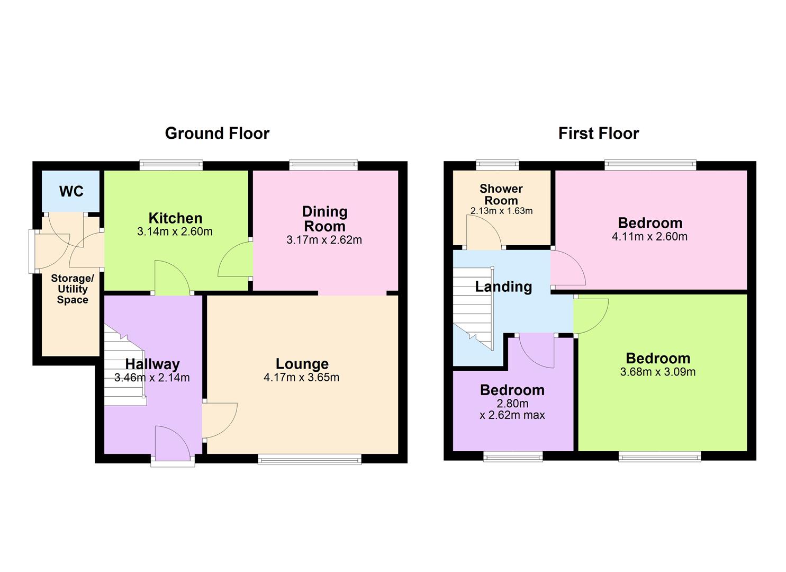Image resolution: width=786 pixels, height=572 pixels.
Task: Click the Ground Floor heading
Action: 217,133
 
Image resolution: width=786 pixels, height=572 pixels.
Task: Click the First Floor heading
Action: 598,133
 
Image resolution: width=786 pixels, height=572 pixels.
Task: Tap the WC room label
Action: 71,191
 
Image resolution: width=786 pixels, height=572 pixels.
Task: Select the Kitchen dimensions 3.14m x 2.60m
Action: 175,231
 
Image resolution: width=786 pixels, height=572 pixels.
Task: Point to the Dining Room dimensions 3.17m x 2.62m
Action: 324,240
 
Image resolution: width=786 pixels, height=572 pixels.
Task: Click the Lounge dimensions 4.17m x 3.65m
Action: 301,378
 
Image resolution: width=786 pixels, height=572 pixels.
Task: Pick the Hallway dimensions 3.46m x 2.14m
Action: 152,378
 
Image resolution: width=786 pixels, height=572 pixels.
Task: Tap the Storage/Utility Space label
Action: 73,289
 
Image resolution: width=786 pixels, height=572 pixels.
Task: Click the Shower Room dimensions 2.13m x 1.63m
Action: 501,211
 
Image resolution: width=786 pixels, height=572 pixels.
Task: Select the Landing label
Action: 503,287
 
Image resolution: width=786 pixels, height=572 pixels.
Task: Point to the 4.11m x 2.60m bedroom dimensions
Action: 649,236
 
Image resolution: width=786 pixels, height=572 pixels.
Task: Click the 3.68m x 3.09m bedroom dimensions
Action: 657,372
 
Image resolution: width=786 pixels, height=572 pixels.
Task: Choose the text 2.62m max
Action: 512,415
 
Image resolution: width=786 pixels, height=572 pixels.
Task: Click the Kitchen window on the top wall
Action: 171,165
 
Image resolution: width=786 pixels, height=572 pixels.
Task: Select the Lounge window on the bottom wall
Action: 310,459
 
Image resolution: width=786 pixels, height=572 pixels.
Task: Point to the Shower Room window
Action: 497,165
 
